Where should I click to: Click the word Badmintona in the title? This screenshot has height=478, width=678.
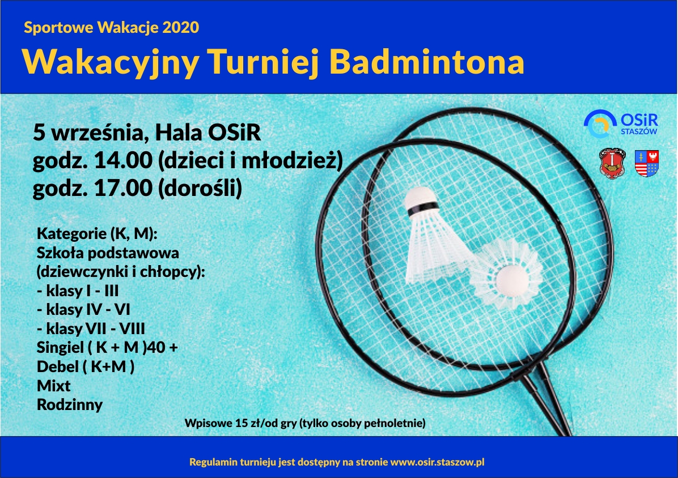(427, 62)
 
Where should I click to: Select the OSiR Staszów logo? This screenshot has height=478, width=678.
(621, 124)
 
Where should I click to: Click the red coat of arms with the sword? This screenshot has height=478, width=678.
(612, 163)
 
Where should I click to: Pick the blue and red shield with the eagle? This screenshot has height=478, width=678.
(647, 163)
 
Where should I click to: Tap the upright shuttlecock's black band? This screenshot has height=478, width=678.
(422, 208)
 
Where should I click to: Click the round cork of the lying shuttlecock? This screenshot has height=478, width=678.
(512, 280)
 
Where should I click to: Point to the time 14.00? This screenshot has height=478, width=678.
(123, 161)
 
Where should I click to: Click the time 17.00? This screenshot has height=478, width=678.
(123, 188)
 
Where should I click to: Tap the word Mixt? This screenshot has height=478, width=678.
(54, 386)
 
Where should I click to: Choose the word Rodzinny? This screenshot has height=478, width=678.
(70, 404)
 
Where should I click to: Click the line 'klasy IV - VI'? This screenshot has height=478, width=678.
(83, 310)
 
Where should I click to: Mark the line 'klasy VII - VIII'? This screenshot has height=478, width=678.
(91, 328)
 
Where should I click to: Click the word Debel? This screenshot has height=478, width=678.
(57, 366)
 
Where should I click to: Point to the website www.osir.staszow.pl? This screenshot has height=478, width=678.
(437, 462)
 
